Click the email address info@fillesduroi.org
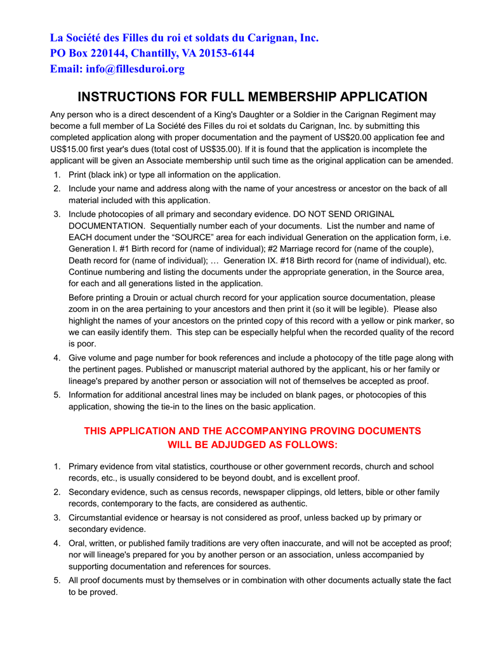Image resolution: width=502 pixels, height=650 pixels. tap(135, 69)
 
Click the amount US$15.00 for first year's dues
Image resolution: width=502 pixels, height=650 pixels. tap(72, 149)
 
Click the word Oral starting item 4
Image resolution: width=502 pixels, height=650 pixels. tap(78, 543)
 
